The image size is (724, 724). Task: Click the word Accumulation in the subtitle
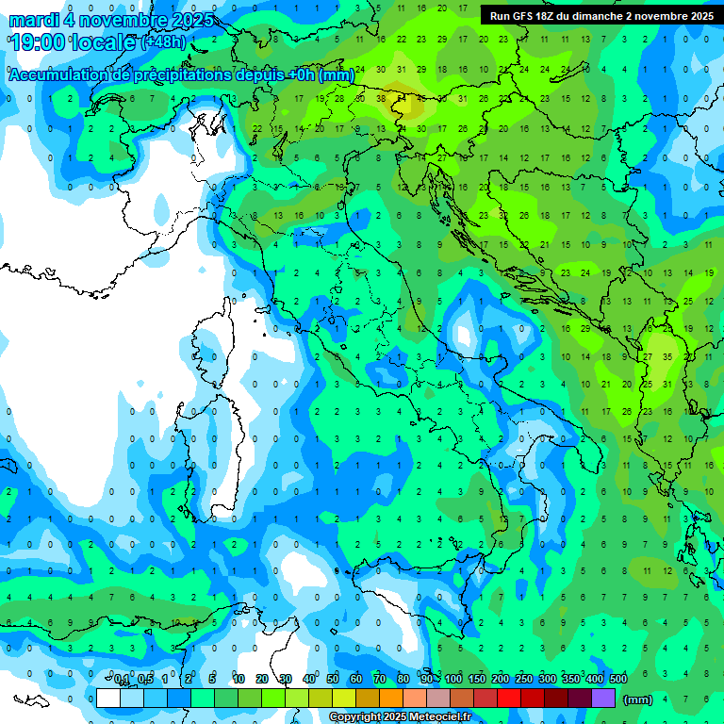coord(56,75)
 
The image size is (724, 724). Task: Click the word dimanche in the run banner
coord(594,16)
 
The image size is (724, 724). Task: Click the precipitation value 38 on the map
coord(381,98)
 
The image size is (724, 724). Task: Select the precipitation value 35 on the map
coord(667,357)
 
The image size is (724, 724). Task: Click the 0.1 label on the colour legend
coord(122,680)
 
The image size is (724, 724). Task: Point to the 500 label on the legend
coord(618,680)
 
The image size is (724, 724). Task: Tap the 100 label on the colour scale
coord(453,680)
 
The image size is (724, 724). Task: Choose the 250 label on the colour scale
coord(524,680)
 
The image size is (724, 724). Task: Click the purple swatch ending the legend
coord(603,698)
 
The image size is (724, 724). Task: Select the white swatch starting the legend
coord(108,698)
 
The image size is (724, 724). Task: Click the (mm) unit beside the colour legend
coord(638,699)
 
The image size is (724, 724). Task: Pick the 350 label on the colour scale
coord(571,680)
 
